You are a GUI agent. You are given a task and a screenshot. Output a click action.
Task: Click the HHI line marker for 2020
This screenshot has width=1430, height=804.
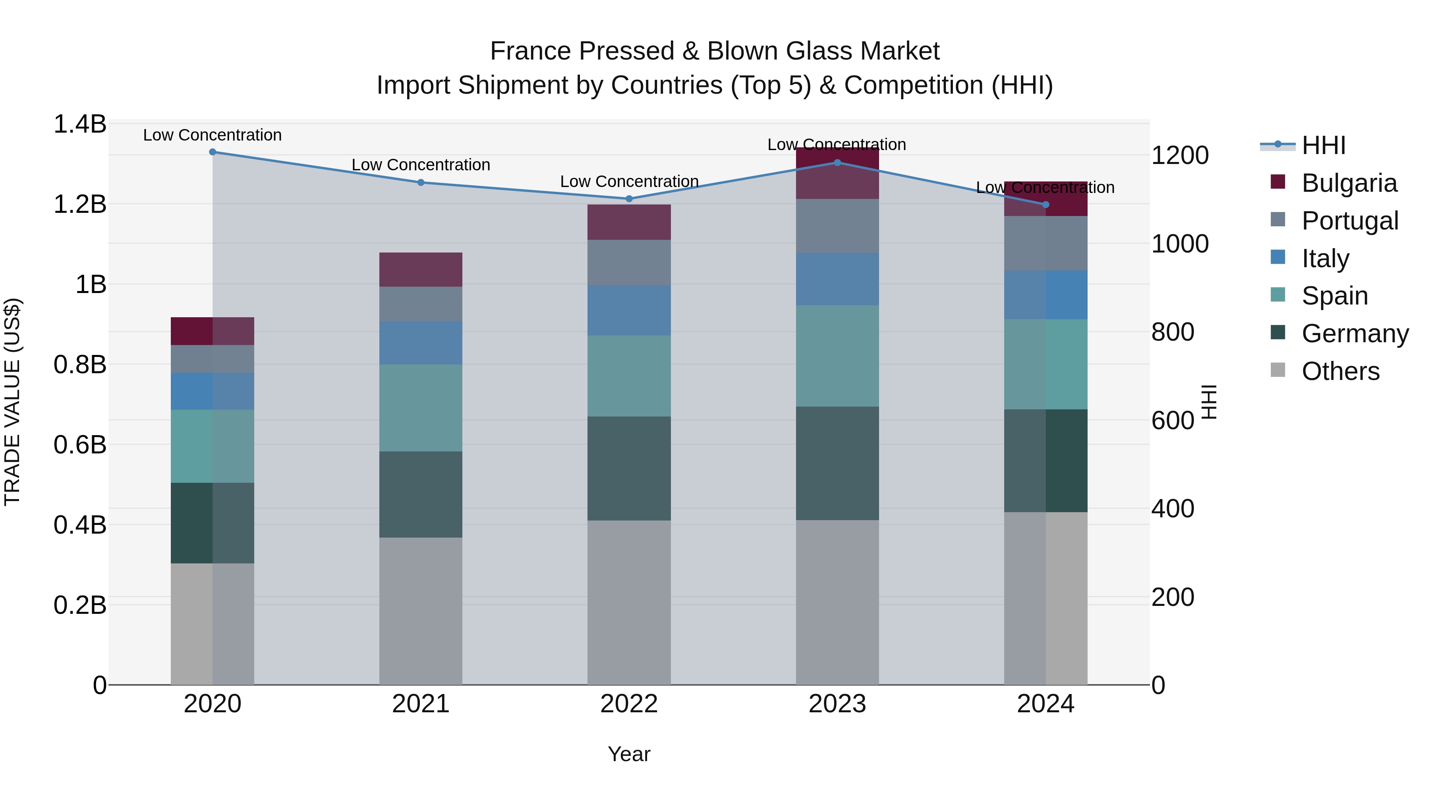213,152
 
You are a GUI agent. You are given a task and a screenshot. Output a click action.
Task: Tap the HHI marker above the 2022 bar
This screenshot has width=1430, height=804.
629,199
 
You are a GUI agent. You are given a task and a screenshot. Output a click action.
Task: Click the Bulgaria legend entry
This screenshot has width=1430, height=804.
1349,183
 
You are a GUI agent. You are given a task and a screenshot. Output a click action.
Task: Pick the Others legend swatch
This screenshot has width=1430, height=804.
1277,370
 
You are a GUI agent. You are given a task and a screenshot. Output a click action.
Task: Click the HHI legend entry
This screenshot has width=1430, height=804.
1324,145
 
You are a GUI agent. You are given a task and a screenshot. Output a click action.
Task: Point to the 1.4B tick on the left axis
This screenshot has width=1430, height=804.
79,124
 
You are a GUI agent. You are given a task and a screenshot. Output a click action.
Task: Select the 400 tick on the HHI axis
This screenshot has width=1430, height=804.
1173,509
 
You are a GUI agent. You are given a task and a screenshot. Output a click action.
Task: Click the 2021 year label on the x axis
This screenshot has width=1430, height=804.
421,704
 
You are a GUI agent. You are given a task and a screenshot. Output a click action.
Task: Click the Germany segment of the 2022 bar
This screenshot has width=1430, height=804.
629,469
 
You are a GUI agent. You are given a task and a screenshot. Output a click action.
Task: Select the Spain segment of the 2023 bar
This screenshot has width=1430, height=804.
837,356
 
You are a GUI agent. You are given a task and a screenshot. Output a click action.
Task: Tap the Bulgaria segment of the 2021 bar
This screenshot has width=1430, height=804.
421,270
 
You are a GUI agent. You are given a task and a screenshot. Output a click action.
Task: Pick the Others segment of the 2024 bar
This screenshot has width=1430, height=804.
1046,598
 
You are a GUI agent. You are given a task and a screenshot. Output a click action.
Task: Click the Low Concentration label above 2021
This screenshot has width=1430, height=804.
421,165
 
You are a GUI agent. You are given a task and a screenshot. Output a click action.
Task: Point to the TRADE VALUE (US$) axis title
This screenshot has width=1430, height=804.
12,402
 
